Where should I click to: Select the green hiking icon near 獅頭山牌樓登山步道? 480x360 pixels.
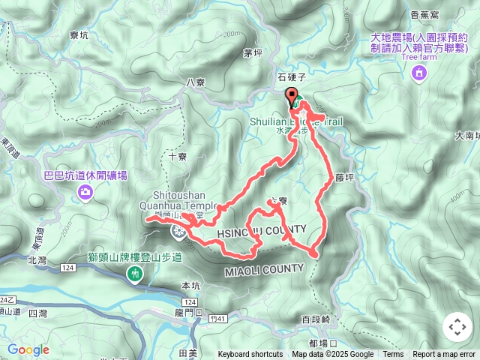135,274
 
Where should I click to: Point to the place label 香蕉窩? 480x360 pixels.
425,15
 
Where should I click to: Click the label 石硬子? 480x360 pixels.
292,77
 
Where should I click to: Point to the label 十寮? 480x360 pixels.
177,157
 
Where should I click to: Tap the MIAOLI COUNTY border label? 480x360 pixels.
264,268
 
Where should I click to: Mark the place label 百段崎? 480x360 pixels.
315,320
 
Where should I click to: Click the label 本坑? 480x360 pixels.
192,285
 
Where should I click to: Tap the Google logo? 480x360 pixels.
28,349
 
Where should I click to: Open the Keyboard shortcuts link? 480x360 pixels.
250,355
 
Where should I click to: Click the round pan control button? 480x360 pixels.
457,327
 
